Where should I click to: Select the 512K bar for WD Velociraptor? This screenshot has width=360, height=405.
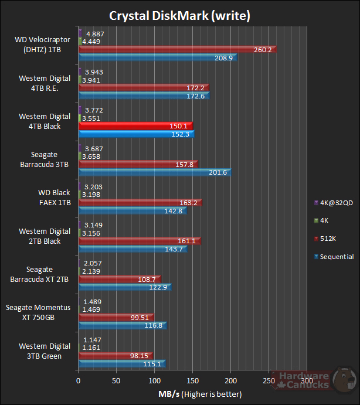(x=176, y=50)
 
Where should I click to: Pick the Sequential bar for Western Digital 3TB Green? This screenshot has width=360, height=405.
(x=121, y=363)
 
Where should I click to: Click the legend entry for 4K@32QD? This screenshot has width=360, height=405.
(x=334, y=203)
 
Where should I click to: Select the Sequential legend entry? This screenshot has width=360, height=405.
(x=334, y=257)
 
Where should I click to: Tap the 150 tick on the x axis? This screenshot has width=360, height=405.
(x=193, y=380)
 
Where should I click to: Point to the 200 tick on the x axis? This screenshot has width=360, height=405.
(x=231, y=380)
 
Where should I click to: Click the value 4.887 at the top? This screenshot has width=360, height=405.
(x=95, y=33)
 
